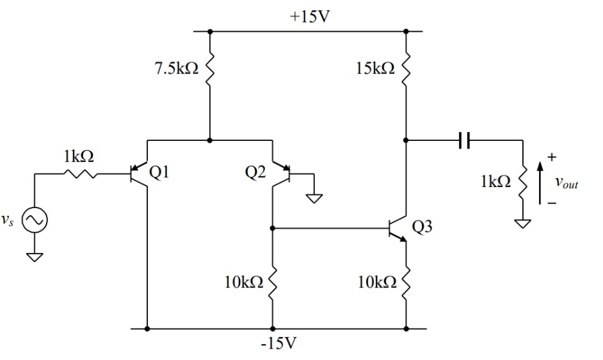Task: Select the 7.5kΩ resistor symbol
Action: tap(210, 70)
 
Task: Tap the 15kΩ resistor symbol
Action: tap(406, 70)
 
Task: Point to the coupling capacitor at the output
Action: tap(465, 139)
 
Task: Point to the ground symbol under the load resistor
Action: tap(524, 225)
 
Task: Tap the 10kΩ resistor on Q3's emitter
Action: tap(406, 282)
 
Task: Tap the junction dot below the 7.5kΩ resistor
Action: tap(210, 139)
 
